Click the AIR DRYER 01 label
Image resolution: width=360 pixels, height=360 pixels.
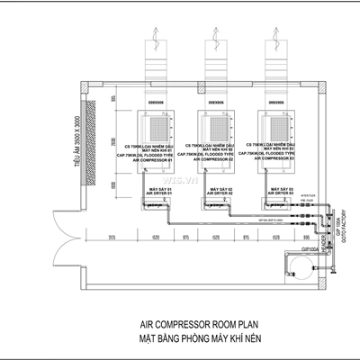(x=157, y=193)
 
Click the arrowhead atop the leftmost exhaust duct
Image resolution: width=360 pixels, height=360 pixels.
(x=156, y=31)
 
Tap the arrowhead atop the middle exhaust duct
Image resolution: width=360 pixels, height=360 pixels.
(x=216, y=31)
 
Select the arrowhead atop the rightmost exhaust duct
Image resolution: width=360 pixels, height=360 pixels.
(x=276, y=31)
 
